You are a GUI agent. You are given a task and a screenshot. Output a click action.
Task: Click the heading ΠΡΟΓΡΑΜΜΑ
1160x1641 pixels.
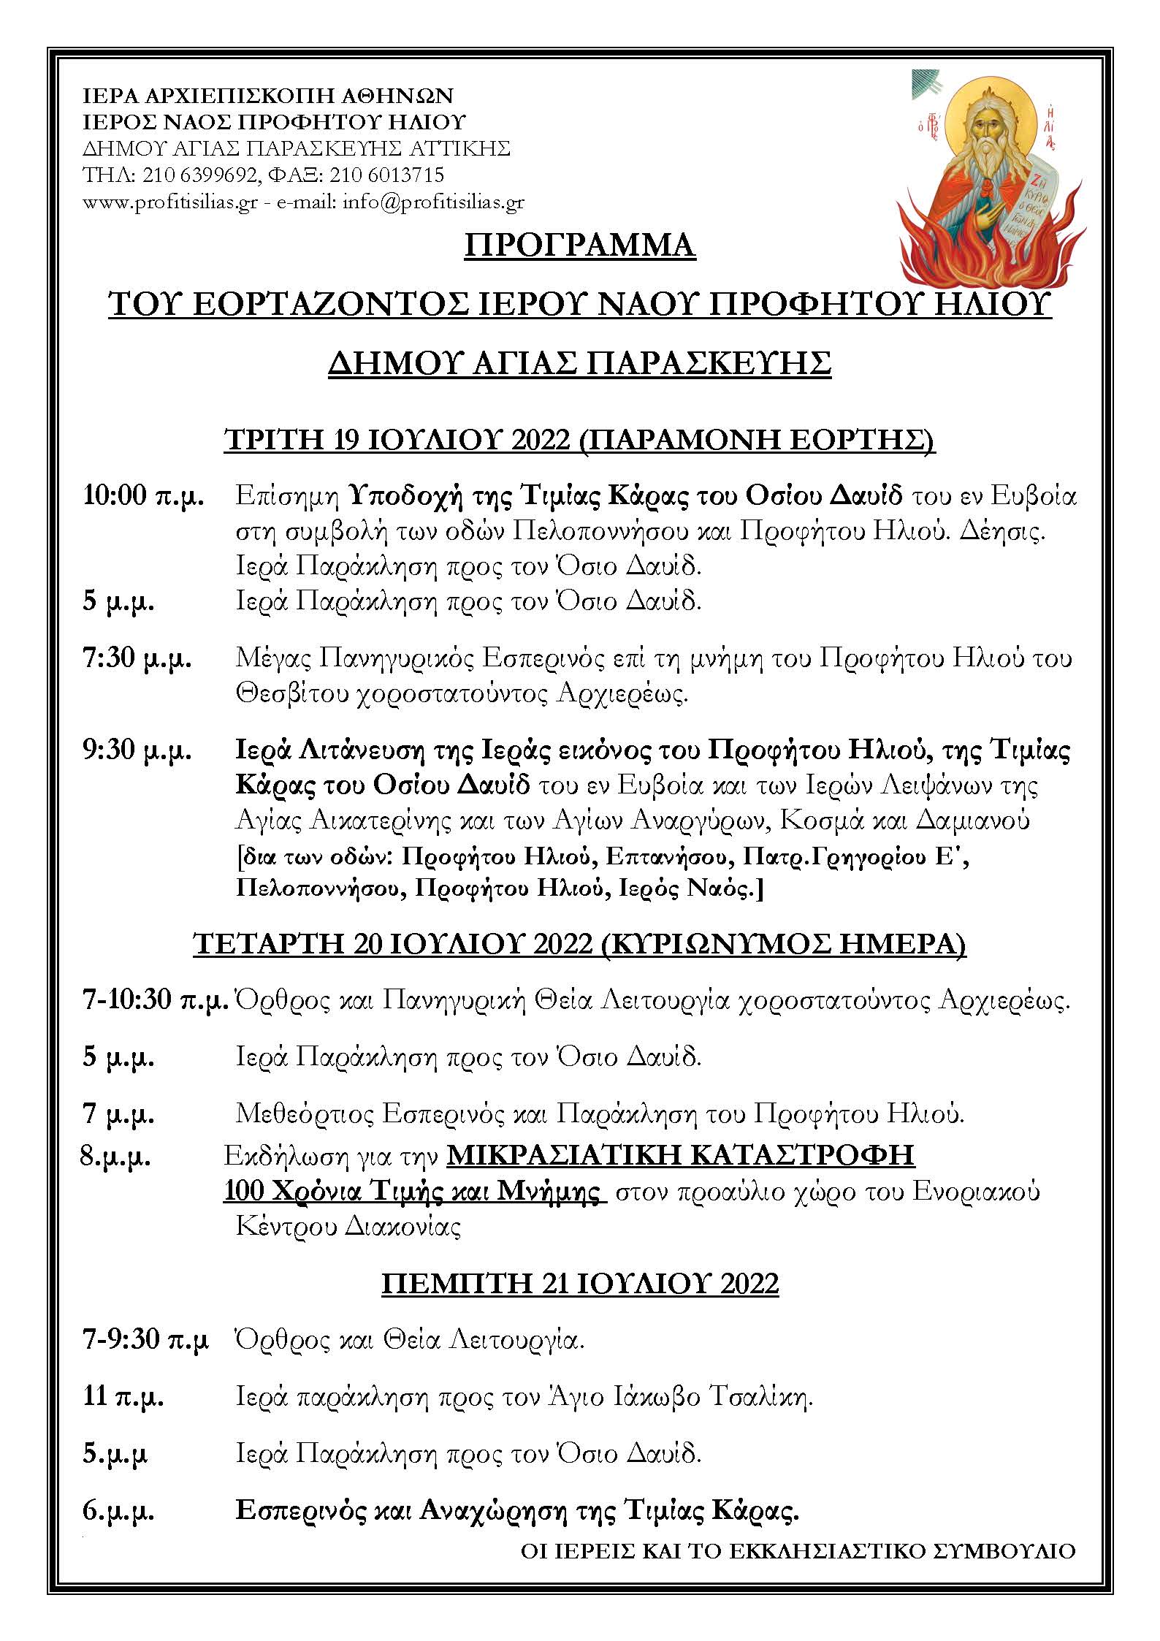[x=580, y=245]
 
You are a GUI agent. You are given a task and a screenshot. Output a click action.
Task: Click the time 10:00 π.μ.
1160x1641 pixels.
[x=143, y=496]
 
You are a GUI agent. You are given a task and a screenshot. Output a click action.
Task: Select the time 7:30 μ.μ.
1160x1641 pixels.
[x=137, y=658]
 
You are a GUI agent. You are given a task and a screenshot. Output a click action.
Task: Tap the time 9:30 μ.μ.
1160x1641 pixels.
[x=137, y=750]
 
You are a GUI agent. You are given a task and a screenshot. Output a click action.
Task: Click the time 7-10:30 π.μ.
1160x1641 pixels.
[x=155, y=1000]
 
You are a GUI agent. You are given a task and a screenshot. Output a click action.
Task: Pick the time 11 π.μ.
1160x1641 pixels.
[x=123, y=1396]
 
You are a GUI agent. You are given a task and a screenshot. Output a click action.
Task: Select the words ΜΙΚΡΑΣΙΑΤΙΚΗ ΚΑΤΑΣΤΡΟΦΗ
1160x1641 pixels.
[x=680, y=1154]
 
